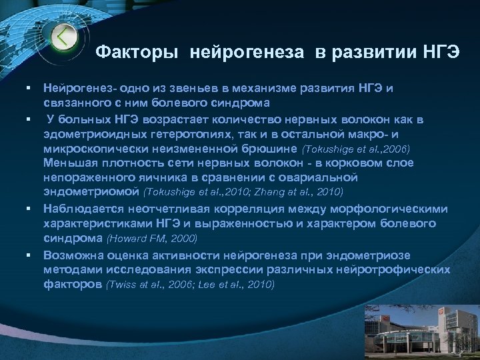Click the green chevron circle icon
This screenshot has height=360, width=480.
tap(63, 37)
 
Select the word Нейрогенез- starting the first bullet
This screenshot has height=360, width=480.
tap(79, 88)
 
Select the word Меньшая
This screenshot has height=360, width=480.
tap(70, 162)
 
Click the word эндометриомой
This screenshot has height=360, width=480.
tap(92, 192)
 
